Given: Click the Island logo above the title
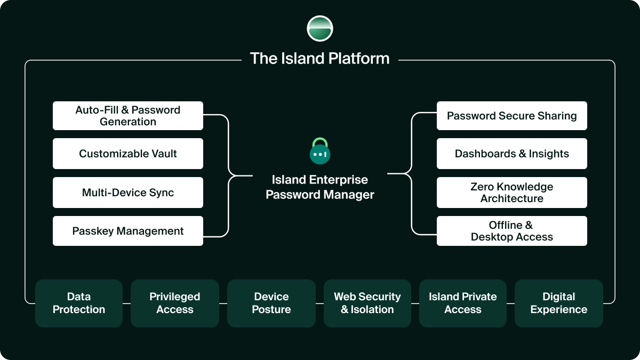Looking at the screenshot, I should pyautogui.click(x=320, y=29).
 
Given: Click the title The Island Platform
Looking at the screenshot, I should pyautogui.click(x=320, y=58).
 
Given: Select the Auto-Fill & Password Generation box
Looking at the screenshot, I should pyautogui.click(x=128, y=116).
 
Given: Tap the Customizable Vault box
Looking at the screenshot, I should pyautogui.click(x=128, y=154).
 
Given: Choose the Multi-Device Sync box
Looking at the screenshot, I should pyautogui.click(x=128, y=193).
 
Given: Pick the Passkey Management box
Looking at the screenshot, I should pyautogui.click(x=128, y=231).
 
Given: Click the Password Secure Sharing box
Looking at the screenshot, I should pyautogui.click(x=512, y=116).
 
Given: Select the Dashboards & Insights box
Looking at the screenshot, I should pyautogui.click(x=512, y=154).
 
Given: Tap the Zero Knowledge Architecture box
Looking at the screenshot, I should pyautogui.click(x=512, y=193).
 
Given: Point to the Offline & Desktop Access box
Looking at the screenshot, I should pyautogui.click(x=512, y=231).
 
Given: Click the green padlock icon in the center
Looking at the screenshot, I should pyautogui.click(x=320, y=151).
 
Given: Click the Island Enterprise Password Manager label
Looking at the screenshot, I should pyautogui.click(x=320, y=187).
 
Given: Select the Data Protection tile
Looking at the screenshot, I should pyautogui.click(x=79, y=303).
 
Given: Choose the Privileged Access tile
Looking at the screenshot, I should pyautogui.click(x=175, y=303).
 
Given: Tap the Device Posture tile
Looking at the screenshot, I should pyautogui.click(x=271, y=303).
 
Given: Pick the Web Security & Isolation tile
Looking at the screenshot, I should pyautogui.click(x=367, y=303).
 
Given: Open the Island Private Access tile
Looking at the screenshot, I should pyautogui.click(x=463, y=303).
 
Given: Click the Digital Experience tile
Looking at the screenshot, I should pyautogui.click(x=559, y=303).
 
